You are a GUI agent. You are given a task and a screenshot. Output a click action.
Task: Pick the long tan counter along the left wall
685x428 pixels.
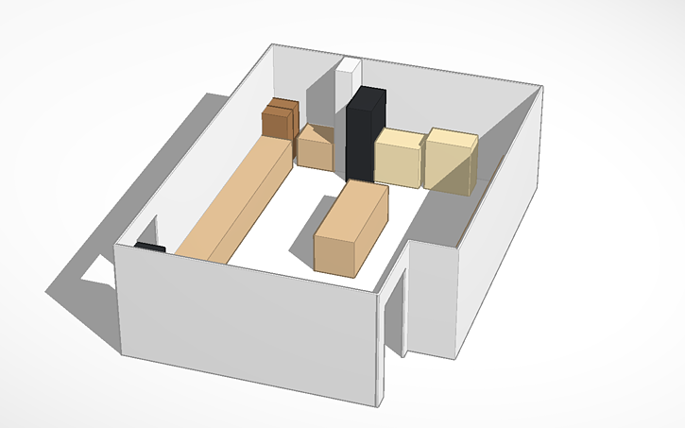tap(236, 198)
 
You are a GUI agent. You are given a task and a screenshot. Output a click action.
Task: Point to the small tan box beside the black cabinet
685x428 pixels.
tap(315, 149)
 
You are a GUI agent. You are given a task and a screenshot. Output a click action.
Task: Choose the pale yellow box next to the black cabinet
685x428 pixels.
tap(399, 158)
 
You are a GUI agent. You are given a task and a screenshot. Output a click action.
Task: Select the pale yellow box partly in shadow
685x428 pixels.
tap(449, 163)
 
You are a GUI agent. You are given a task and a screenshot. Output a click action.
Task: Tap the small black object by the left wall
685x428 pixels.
tap(149, 247)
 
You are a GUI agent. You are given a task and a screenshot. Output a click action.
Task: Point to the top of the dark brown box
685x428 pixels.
tap(281, 104)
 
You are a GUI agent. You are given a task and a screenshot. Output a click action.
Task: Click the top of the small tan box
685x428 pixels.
tap(317, 133)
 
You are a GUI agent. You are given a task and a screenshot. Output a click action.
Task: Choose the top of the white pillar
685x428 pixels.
tap(349, 64)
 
